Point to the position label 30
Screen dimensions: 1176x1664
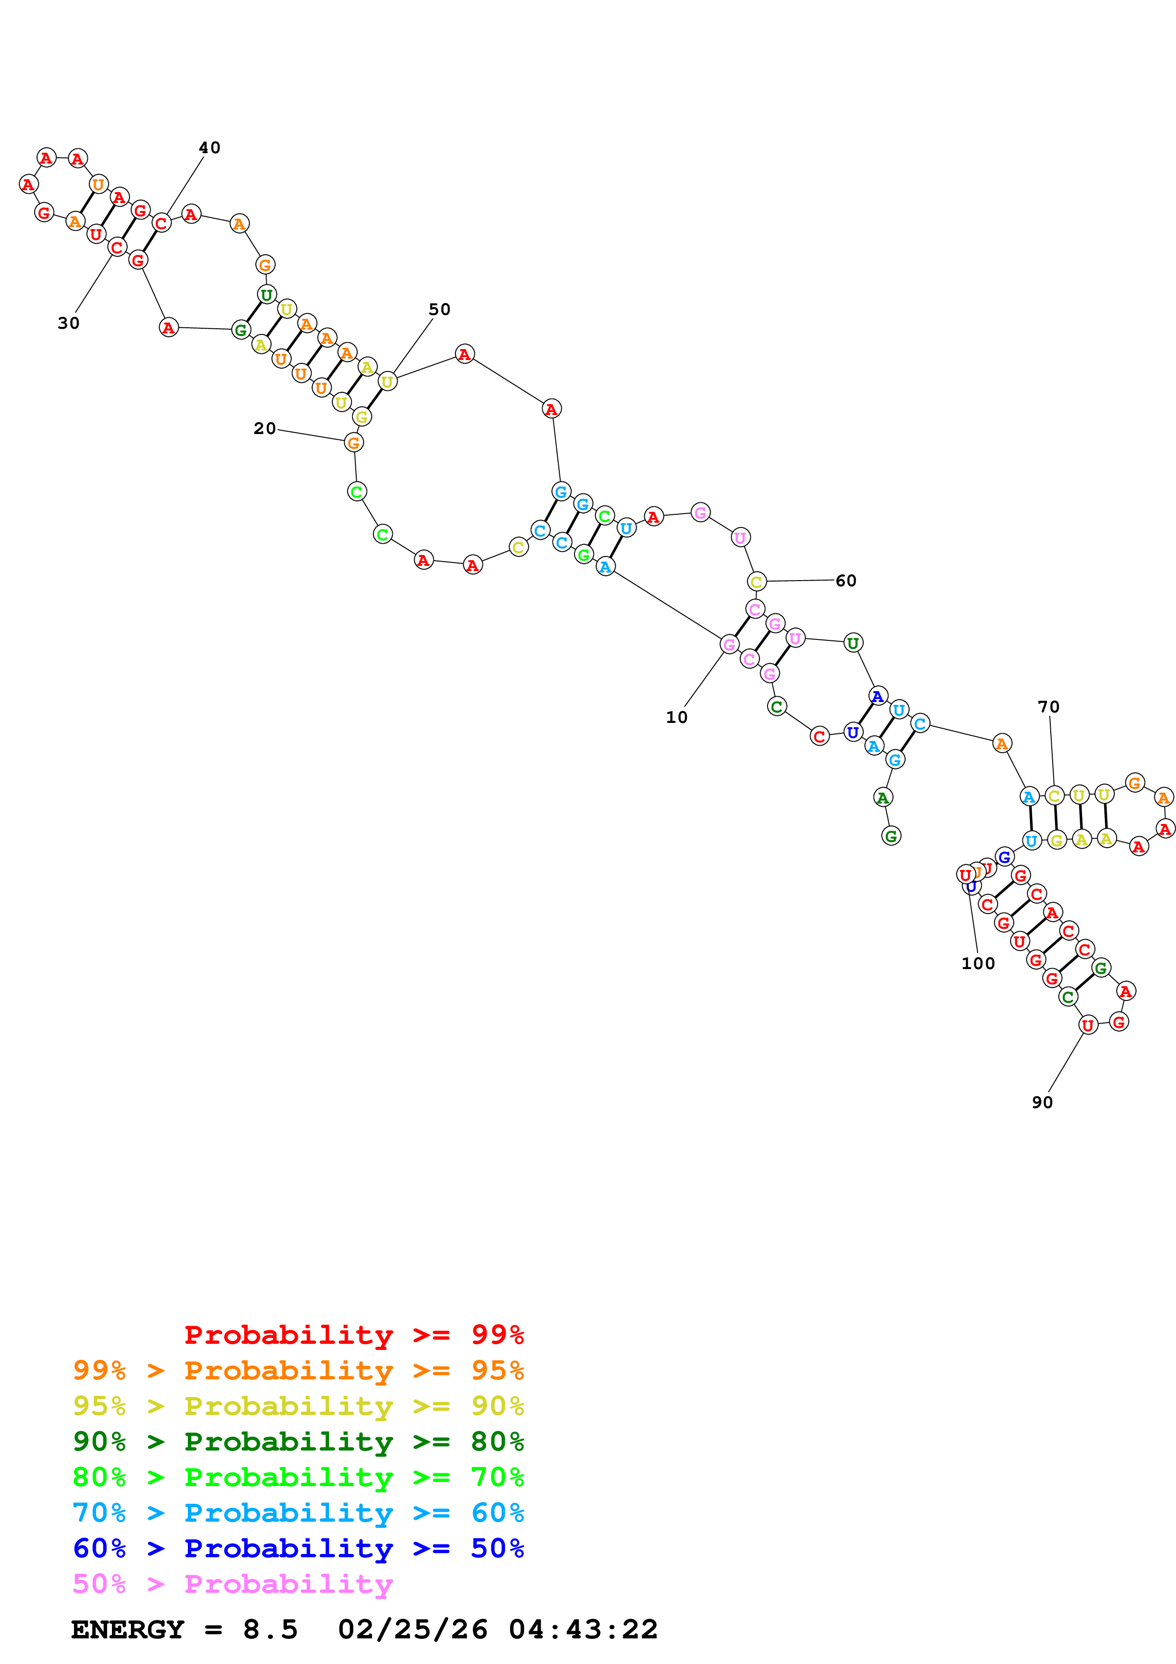tap(68, 323)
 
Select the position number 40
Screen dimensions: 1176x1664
tap(209, 148)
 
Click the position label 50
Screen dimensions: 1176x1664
tap(439, 309)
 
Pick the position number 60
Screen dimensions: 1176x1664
tap(845, 581)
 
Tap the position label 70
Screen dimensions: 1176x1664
tap(1048, 707)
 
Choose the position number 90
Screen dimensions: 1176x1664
tap(1042, 1102)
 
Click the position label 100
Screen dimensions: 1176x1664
tap(978, 963)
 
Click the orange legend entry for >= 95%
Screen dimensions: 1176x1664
tap(298, 1370)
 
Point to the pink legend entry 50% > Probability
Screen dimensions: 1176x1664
tap(232, 1583)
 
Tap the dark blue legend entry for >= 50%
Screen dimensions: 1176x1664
tap(298, 1548)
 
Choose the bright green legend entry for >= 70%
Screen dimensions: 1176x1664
tap(298, 1477)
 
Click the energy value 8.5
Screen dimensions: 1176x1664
tap(270, 1630)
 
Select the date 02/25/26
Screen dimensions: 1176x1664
tap(412, 1630)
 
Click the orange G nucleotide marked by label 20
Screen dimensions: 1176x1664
tap(353, 443)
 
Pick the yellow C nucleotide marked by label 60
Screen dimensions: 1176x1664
tap(757, 581)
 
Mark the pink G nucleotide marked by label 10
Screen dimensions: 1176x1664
tap(730, 644)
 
